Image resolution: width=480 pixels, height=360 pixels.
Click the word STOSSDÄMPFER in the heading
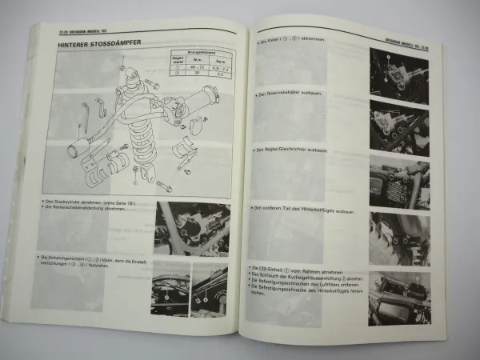[112, 46]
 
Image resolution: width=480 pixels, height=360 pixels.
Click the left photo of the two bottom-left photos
[170, 287]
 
